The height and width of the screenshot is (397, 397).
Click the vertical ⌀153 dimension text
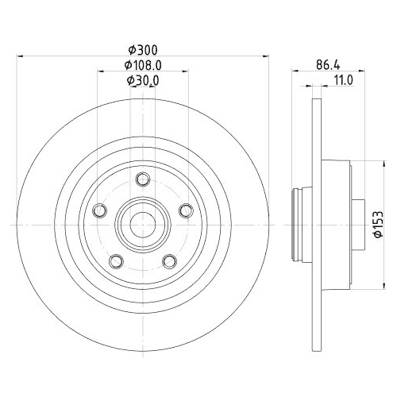tap(379, 225)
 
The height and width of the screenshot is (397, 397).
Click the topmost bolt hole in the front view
tap(143, 178)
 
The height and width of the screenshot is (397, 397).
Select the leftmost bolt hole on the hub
tap(99, 210)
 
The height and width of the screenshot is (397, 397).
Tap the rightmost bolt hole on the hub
tap(187, 210)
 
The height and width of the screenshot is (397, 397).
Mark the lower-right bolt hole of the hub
tap(169, 260)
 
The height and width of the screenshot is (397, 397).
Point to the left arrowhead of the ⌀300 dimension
tap(21, 56)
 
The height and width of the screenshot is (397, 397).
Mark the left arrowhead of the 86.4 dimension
tap(296, 70)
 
